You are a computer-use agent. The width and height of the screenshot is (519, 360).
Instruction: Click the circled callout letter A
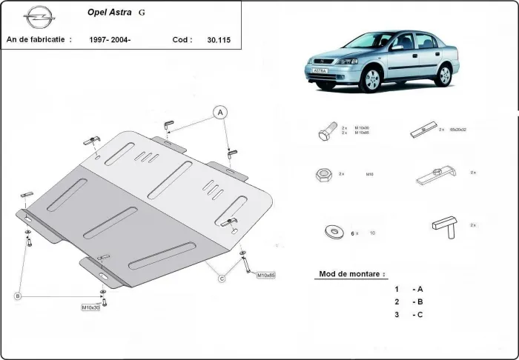[x=219, y=113]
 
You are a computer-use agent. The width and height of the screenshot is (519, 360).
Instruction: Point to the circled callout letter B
[x=18, y=296]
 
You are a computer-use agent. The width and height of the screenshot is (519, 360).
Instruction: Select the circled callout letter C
[x=221, y=279]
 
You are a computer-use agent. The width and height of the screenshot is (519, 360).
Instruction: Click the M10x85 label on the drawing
[x=265, y=276]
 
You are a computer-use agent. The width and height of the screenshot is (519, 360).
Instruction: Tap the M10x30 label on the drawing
[x=90, y=307]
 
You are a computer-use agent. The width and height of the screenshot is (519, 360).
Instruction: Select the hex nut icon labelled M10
[x=323, y=176]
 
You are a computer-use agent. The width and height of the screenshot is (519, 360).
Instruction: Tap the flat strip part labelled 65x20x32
[x=422, y=132]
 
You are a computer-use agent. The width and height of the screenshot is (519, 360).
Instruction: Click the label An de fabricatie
[x=39, y=39]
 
